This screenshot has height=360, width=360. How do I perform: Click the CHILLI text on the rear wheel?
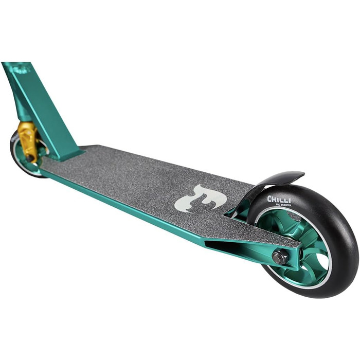[279, 200]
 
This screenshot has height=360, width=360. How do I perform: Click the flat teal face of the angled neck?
[46, 108]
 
